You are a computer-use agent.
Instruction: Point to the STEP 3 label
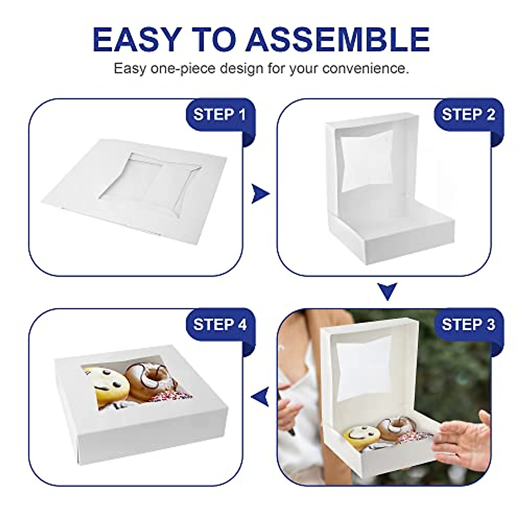click(468, 324)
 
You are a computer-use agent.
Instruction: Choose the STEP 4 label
click(220, 324)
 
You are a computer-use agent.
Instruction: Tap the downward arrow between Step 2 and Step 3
click(387, 291)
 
